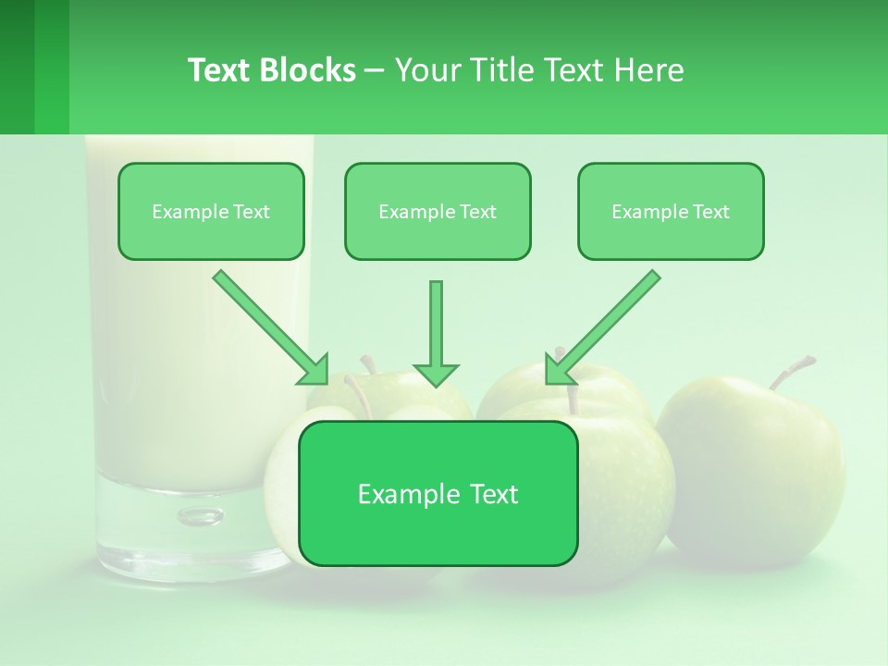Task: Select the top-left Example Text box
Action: point(211,212)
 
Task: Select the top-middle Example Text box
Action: point(438,212)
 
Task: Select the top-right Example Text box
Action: point(671,212)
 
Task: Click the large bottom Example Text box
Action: point(438,494)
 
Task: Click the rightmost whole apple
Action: point(754,462)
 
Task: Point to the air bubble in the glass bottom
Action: point(200,515)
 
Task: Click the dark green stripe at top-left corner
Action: point(17,67)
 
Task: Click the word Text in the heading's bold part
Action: point(219,70)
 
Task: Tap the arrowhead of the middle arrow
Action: point(436,374)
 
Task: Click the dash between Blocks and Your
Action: point(375,70)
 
